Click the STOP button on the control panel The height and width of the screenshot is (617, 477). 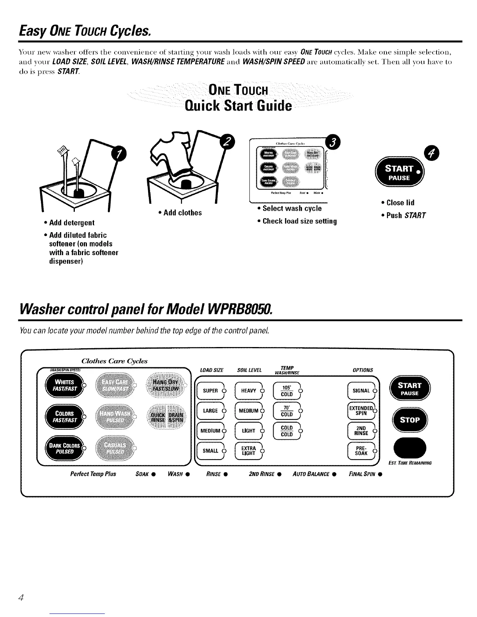tap(409, 420)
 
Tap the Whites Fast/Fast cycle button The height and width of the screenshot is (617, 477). tap(65, 386)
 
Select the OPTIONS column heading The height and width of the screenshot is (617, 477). tap(363, 370)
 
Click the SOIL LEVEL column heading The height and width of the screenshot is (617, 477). tap(249, 370)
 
